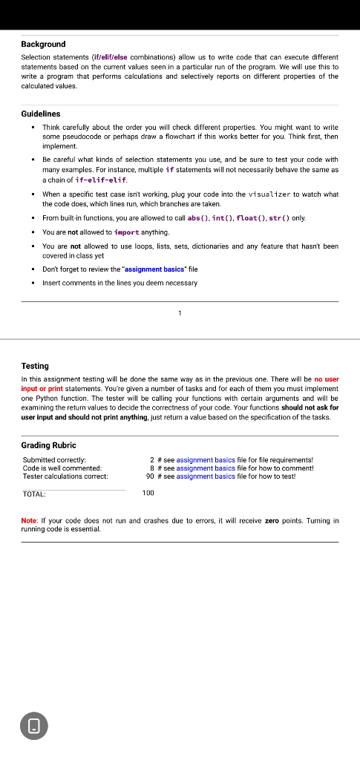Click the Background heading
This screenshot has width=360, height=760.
point(43,45)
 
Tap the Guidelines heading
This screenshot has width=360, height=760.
point(41,114)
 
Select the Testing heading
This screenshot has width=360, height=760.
point(35,366)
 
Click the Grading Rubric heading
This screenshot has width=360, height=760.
point(48,445)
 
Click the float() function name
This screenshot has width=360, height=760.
point(249,217)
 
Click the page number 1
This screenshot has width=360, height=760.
point(180,313)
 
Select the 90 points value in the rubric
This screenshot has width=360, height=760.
point(151,476)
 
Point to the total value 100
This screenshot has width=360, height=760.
point(148,493)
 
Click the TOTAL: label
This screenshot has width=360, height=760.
point(34,494)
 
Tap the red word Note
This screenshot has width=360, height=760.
point(30,521)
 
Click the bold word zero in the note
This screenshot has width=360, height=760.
point(272,521)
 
